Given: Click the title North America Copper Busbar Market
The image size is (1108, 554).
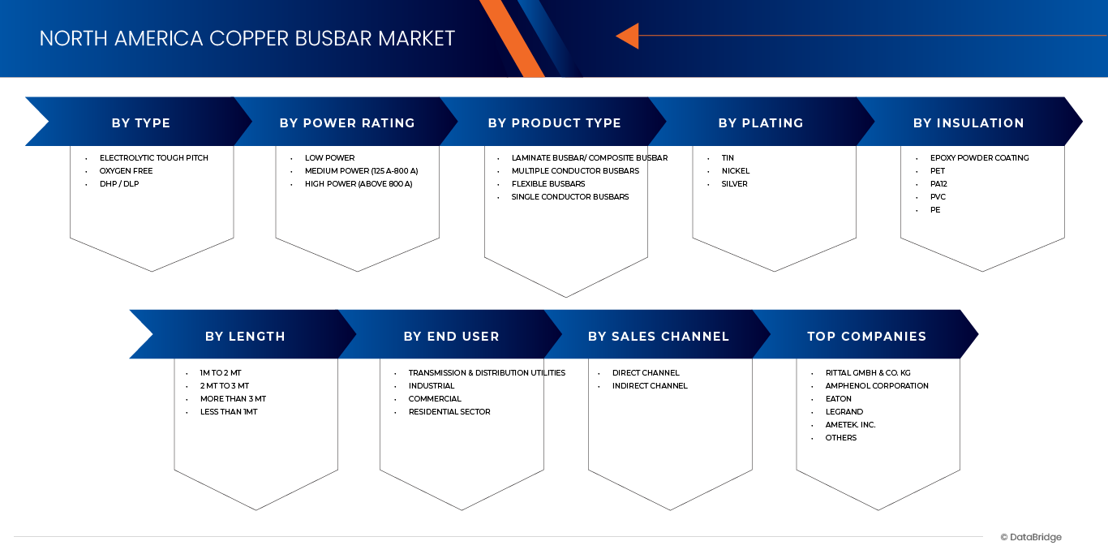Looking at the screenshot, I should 247,38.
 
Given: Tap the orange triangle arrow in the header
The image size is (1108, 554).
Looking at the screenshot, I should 628,36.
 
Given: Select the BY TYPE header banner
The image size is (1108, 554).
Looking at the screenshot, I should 141,123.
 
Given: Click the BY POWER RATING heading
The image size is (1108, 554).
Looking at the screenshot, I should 347,123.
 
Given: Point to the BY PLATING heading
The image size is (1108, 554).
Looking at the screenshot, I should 761,123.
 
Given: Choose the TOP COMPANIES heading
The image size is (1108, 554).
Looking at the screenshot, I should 866,336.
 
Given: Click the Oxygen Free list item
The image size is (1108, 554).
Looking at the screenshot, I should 126,171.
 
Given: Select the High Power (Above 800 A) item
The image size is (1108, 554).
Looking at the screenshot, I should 359,184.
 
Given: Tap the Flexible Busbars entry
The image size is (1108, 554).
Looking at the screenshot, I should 548,184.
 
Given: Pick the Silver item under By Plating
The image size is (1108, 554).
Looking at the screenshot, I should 735,184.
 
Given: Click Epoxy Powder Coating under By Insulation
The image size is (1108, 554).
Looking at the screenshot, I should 979,158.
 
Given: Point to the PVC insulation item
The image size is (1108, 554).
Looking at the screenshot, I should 938,197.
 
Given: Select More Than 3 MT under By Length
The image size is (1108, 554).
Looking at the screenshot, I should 233,399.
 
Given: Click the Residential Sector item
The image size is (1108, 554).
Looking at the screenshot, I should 449,412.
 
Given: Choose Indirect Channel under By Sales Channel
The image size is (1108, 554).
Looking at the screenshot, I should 650,386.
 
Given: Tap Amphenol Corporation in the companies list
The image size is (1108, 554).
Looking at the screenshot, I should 877,386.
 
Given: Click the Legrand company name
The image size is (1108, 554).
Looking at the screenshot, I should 844,412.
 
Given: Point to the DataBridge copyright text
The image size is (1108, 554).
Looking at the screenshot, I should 1031,537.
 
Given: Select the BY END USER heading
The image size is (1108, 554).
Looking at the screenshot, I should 451,336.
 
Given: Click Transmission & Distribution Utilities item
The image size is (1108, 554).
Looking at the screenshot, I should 487,373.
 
